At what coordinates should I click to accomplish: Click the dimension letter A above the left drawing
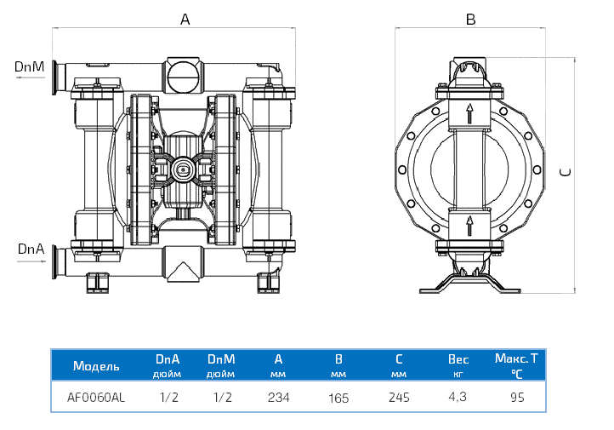point(185,20)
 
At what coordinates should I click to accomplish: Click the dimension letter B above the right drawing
point(470,20)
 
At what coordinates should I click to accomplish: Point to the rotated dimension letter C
point(566,172)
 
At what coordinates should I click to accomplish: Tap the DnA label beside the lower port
point(30,249)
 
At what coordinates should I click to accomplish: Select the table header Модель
point(96,366)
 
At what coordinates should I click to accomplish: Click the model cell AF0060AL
point(96,397)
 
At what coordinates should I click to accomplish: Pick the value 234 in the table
point(279,397)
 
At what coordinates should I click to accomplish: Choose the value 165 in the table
point(338,397)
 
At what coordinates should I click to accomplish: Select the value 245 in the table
point(398,397)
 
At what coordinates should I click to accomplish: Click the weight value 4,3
point(458,397)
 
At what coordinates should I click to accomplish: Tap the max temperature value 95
point(517,397)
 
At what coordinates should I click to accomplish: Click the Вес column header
point(458,360)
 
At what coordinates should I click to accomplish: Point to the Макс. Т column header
point(516,359)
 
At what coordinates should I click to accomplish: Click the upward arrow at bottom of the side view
point(469,226)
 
